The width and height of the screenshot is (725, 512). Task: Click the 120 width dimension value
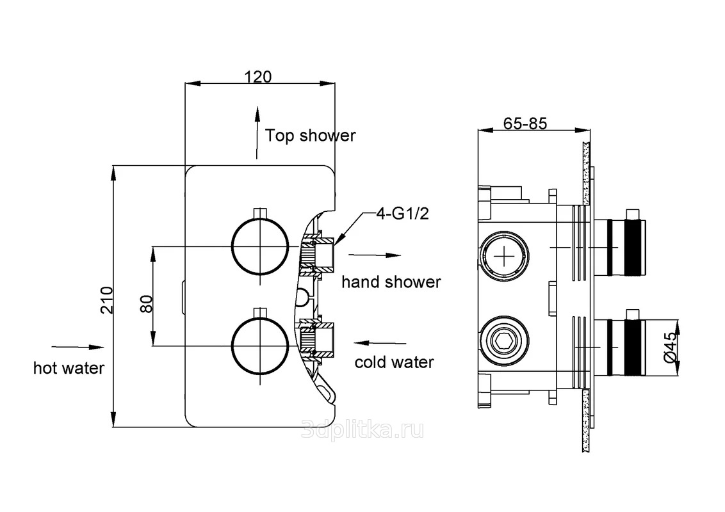pos(259,76)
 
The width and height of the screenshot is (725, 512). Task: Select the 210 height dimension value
pos(107,299)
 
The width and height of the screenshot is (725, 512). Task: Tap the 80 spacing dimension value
pos(146,303)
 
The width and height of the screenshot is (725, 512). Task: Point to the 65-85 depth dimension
pos(525,124)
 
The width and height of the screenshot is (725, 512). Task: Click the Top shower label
pos(311,136)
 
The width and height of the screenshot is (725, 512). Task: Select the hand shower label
pos(391,282)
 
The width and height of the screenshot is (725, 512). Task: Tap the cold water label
pos(394,362)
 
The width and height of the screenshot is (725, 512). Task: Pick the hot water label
pos(69,368)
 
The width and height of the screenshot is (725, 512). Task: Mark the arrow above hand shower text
pos(375,255)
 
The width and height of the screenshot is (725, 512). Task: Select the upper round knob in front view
pos(261,246)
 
